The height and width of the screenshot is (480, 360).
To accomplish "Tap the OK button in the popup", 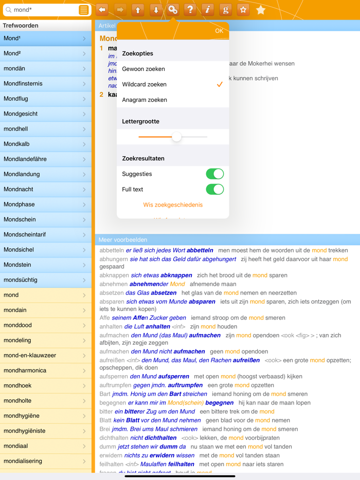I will [x=219, y=31].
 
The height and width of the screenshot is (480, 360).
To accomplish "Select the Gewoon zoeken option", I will [x=143, y=69].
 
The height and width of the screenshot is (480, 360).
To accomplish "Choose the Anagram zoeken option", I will [x=145, y=100].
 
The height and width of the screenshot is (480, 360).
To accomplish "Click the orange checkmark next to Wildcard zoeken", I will [x=220, y=84].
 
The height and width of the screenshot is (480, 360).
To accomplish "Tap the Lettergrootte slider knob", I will [x=176, y=137].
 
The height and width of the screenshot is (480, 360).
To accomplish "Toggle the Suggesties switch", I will [x=214, y=174].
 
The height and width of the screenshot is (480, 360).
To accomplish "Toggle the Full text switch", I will [x=214, y=189].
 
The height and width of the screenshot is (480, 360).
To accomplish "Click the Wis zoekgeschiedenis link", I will [x=173, y=205].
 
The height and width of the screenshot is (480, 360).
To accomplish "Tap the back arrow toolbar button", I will [x=102, y=10].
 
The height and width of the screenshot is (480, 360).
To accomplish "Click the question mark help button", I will [x=190, y=10].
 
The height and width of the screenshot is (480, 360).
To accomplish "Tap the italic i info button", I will [x=208, y=10].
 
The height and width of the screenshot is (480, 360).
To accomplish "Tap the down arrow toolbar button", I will [x=155, y=10].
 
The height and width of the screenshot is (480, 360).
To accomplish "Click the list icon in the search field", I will [x=83, y=10].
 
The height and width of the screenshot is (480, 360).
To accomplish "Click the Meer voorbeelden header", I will [x=123, y=239].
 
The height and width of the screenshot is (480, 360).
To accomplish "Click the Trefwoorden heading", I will [x=21, y=25].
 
